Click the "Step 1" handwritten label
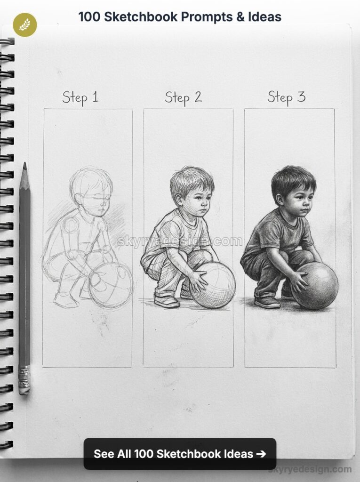(x=80, y=97)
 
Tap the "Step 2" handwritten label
(x=183, y=97)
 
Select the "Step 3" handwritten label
(x=286, y=97)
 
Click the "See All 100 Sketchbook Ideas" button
(x=180, y=454)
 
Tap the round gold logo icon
(x=25, y=25)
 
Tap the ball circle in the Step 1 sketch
(x=111, y=285)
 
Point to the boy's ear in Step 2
(x=179, y=200)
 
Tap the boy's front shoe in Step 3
(x=267, y=301)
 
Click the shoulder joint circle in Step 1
(x=71, y=225)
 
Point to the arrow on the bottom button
(x=261, y=454)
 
